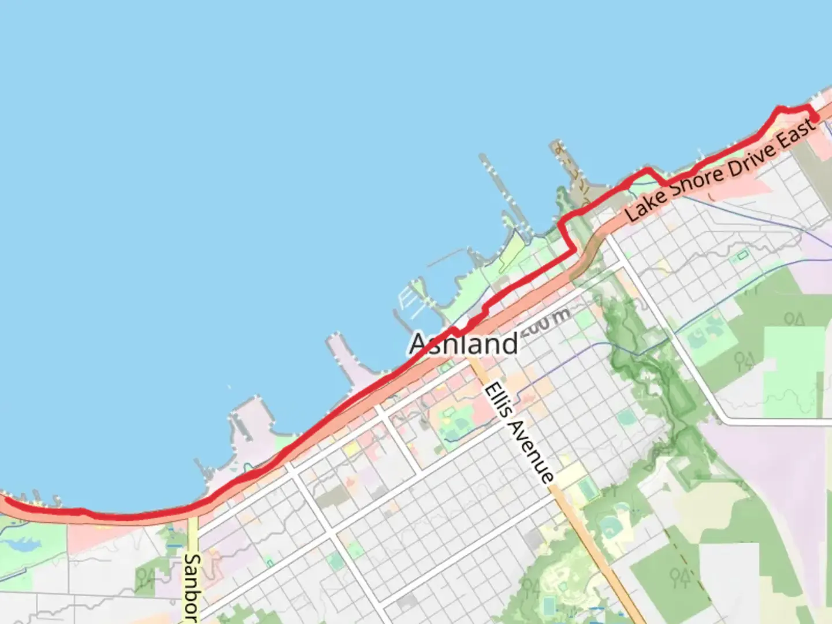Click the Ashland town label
coord(464,344)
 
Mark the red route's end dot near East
coord(815,118)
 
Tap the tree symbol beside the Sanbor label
coord(146,578)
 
